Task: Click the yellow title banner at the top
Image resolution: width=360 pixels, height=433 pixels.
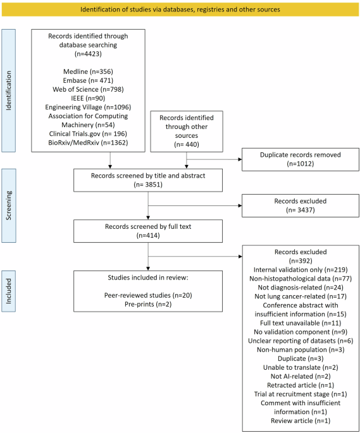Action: pos(180,9)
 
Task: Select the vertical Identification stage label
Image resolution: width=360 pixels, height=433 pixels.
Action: pos(9,90)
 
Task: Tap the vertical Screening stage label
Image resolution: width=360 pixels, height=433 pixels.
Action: pos(9,205)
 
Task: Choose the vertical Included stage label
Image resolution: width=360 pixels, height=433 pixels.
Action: pos(9,291)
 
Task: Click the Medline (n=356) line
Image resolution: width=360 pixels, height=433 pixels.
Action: pos(88,71)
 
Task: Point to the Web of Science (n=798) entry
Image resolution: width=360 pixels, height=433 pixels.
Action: pos(88,89)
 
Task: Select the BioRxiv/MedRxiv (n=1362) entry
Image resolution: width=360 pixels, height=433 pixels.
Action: pos(88,142)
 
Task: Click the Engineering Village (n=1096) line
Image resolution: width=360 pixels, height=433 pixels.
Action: pos(88,107)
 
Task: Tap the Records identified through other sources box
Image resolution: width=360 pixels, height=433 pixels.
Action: pos(187,131)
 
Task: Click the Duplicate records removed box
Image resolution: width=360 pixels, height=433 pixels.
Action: pos(301,159)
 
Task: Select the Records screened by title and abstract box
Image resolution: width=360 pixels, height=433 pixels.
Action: pos(148,180)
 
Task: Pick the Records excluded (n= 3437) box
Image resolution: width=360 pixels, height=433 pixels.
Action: pos(301,205)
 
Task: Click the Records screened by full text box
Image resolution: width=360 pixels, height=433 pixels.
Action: pos(148,231)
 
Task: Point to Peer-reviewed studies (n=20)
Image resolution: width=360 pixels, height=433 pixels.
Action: pos(148,295)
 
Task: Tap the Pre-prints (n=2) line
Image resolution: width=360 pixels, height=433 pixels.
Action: pos(148,304)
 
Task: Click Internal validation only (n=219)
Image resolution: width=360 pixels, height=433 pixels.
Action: pos(301,270)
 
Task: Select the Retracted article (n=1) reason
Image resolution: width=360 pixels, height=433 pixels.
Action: pos(301,385)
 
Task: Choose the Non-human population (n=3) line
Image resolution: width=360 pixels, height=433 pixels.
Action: pos(301,350)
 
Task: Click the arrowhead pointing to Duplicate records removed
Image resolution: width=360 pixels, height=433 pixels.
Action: pos(240,159)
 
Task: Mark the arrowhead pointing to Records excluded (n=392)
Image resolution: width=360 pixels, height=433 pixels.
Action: pos(240,257)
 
